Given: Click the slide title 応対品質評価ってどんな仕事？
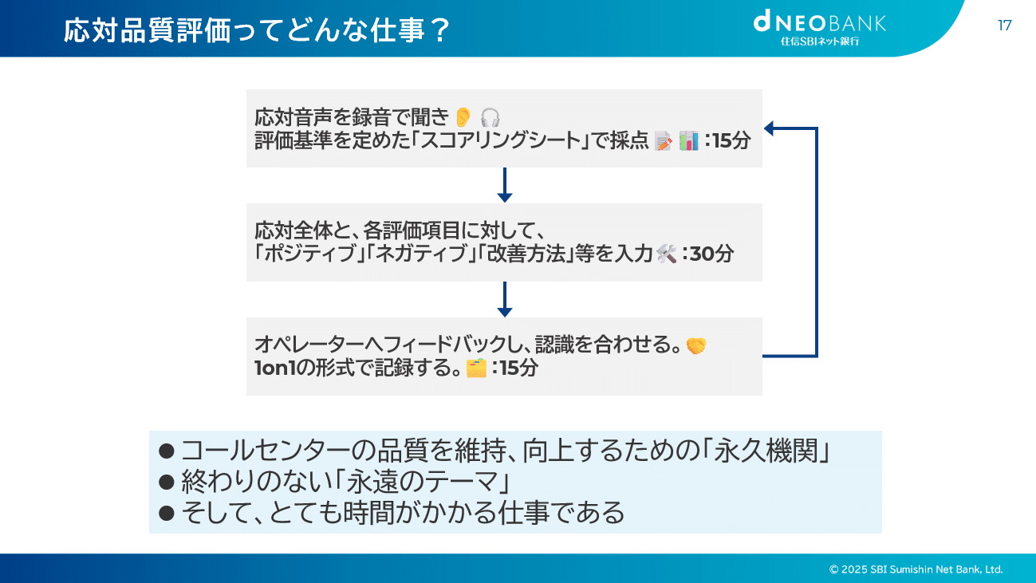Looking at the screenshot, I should pos(257,32).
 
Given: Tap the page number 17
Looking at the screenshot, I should pos(1005,26).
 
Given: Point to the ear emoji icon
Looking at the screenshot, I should pos(463,117).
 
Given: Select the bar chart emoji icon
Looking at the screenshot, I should pos(688,142).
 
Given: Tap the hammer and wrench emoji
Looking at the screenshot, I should pos(666,254).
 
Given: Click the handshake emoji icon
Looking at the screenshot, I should pos(696,345).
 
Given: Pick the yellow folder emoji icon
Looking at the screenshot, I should pos(476,368).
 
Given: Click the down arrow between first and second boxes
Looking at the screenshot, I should pos(504,186).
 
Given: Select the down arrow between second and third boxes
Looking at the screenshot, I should pos(504,300).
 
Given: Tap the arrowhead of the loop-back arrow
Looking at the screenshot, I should pos(770,128).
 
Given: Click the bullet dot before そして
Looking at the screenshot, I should pos(167,513).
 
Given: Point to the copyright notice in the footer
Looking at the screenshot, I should pos(916,569).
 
